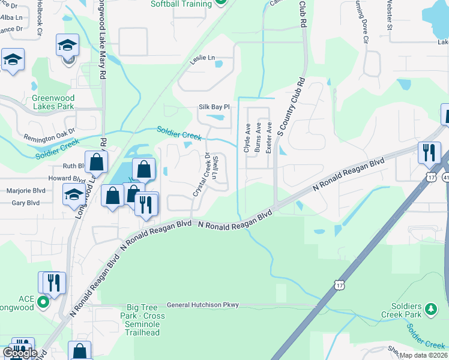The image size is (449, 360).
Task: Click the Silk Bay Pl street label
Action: click(x=214, y=107)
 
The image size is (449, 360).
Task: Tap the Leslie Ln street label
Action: click(x=202, y=59)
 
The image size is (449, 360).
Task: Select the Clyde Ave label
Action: click(x=247, y=138)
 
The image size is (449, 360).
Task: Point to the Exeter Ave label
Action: click(x=269, y=137)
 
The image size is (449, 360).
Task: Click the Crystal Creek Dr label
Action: click(x=200, y=175)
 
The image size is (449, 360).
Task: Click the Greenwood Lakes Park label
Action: click(x=53, y=102)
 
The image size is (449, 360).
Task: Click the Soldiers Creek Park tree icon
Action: click(x=430, y=308)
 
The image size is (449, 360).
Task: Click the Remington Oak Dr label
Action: click(x=49, y=133)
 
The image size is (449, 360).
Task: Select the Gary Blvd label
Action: click(x=25, y=203)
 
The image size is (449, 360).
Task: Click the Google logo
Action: click(x=19, y=353)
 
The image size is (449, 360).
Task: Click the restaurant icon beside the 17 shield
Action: click(x=429, y=152)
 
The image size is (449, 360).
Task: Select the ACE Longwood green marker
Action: click(x=43, y=302)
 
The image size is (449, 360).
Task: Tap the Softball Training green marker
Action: click(x=221, y=3)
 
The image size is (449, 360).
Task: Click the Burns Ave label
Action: click(x=258, y=138)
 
